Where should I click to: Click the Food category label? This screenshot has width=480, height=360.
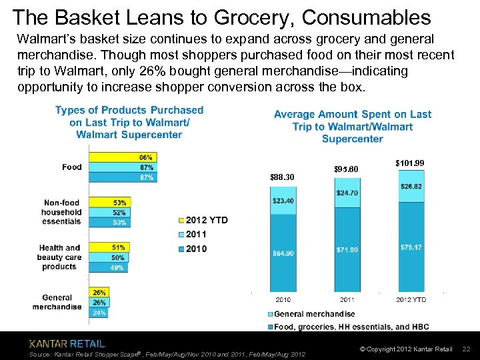click(71, 167)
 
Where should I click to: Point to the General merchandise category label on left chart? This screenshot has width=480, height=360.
click(57, 303)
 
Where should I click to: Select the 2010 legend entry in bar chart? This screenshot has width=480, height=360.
click(197, 249)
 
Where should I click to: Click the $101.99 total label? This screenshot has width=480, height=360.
click(410, 163)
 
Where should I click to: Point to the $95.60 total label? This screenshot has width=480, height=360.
click(347, 169)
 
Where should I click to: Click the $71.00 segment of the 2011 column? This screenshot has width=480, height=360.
click(347, 249)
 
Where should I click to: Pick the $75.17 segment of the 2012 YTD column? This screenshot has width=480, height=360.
click(411, 247)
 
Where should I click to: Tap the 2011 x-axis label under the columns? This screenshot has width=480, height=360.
click(347, 299)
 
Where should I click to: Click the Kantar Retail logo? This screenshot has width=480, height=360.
click(67, 344)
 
